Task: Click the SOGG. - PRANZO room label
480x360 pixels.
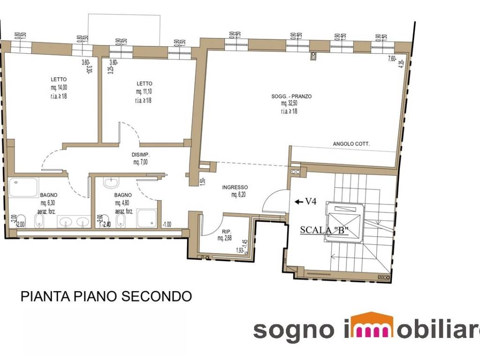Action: tap(291, 97)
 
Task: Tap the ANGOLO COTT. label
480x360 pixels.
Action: tap(351, 144)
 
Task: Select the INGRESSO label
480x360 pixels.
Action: tap(235, 187)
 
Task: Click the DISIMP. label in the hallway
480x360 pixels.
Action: tap(141, 155)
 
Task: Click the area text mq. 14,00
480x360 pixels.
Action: tap(59, 87)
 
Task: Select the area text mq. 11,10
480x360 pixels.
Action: tap(144, 91)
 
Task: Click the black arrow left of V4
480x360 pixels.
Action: tap(299, 202)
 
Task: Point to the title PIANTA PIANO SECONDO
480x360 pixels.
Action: tap(106, 297)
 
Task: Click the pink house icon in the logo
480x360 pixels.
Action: tap(372, 325)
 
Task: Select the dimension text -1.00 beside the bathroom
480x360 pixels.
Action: tap(166, 224)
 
